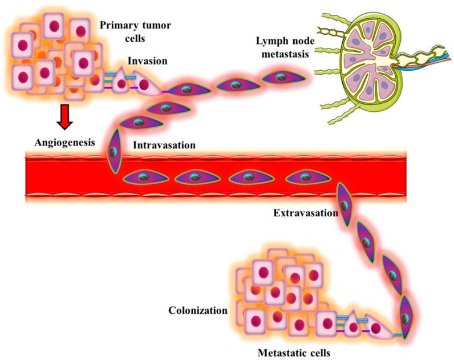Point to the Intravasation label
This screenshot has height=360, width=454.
coord(164,145)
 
